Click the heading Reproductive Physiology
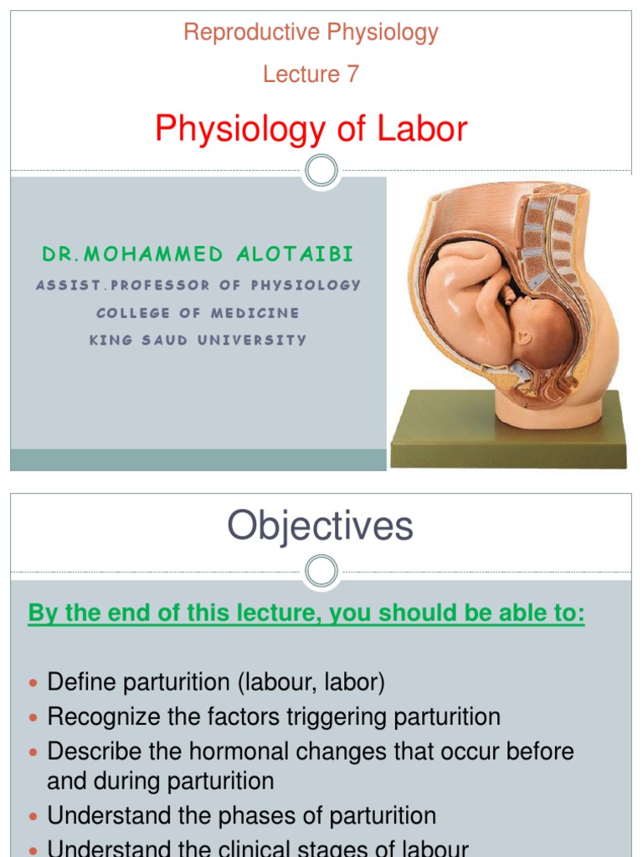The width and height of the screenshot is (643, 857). point(311,33)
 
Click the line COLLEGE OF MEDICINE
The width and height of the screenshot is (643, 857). point(198,312)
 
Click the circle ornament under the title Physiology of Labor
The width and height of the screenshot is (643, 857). point(321,172)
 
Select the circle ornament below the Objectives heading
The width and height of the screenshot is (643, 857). point(321,572)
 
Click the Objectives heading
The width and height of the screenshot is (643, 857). point(321,527)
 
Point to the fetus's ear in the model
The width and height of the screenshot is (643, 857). point(525,336)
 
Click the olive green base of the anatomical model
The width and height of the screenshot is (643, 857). point(508,435)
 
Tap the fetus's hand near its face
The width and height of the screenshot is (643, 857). point(507,295)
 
